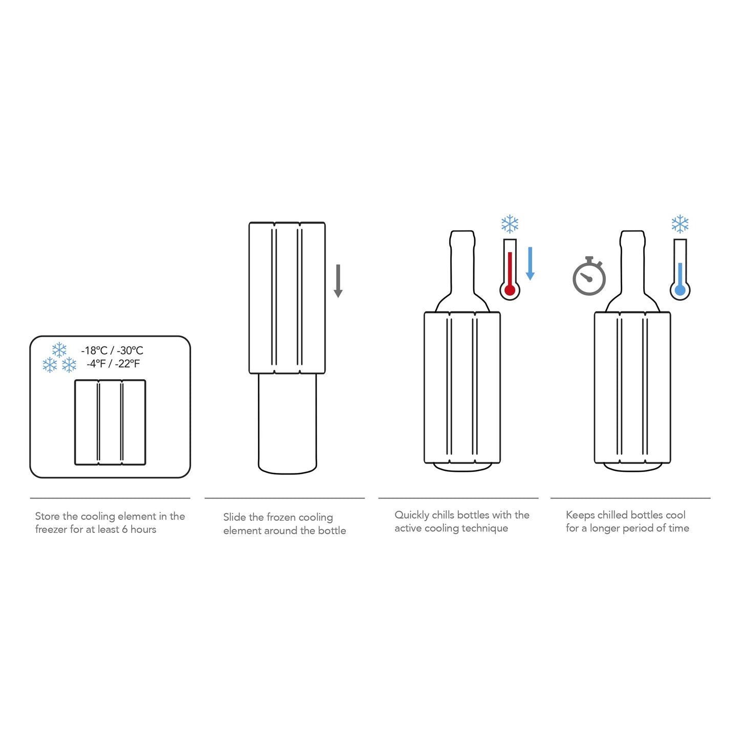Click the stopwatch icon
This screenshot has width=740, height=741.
pos(589,277)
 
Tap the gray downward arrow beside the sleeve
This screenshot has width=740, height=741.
pos(338,281)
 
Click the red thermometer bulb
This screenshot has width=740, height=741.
pos(510,291)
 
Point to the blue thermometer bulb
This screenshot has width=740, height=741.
pos(680,291)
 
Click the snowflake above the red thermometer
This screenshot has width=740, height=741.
pos(510,224)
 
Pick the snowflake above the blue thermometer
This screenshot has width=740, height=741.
pos(680,224)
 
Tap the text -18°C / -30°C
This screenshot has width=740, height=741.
pos(112,351)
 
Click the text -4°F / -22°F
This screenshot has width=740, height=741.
pos(113,364)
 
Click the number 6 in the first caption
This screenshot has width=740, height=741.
pos(125,529)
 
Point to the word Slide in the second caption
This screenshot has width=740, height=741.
pos(235,518)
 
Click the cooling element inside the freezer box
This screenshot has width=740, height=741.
pos(110,422)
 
